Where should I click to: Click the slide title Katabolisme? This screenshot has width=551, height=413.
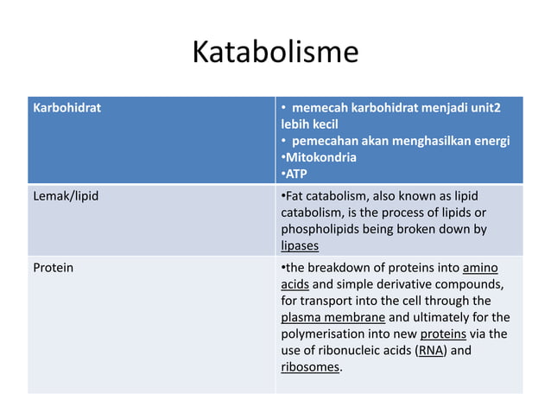click(275, 53)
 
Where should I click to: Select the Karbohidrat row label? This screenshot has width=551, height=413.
click(66, 109)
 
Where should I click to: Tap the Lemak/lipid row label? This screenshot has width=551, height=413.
click(66, 196)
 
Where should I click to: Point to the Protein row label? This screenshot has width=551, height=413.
click(54, 268)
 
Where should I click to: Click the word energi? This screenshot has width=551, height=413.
click(489, 141)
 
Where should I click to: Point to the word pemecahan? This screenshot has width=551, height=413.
click(325, 141)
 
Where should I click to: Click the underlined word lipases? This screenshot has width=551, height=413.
click(300, 245)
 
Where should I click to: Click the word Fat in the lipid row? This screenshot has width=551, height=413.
click(295, 196)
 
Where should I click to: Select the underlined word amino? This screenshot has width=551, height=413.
click(479, 268)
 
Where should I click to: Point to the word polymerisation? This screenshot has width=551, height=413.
click(321, 334)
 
